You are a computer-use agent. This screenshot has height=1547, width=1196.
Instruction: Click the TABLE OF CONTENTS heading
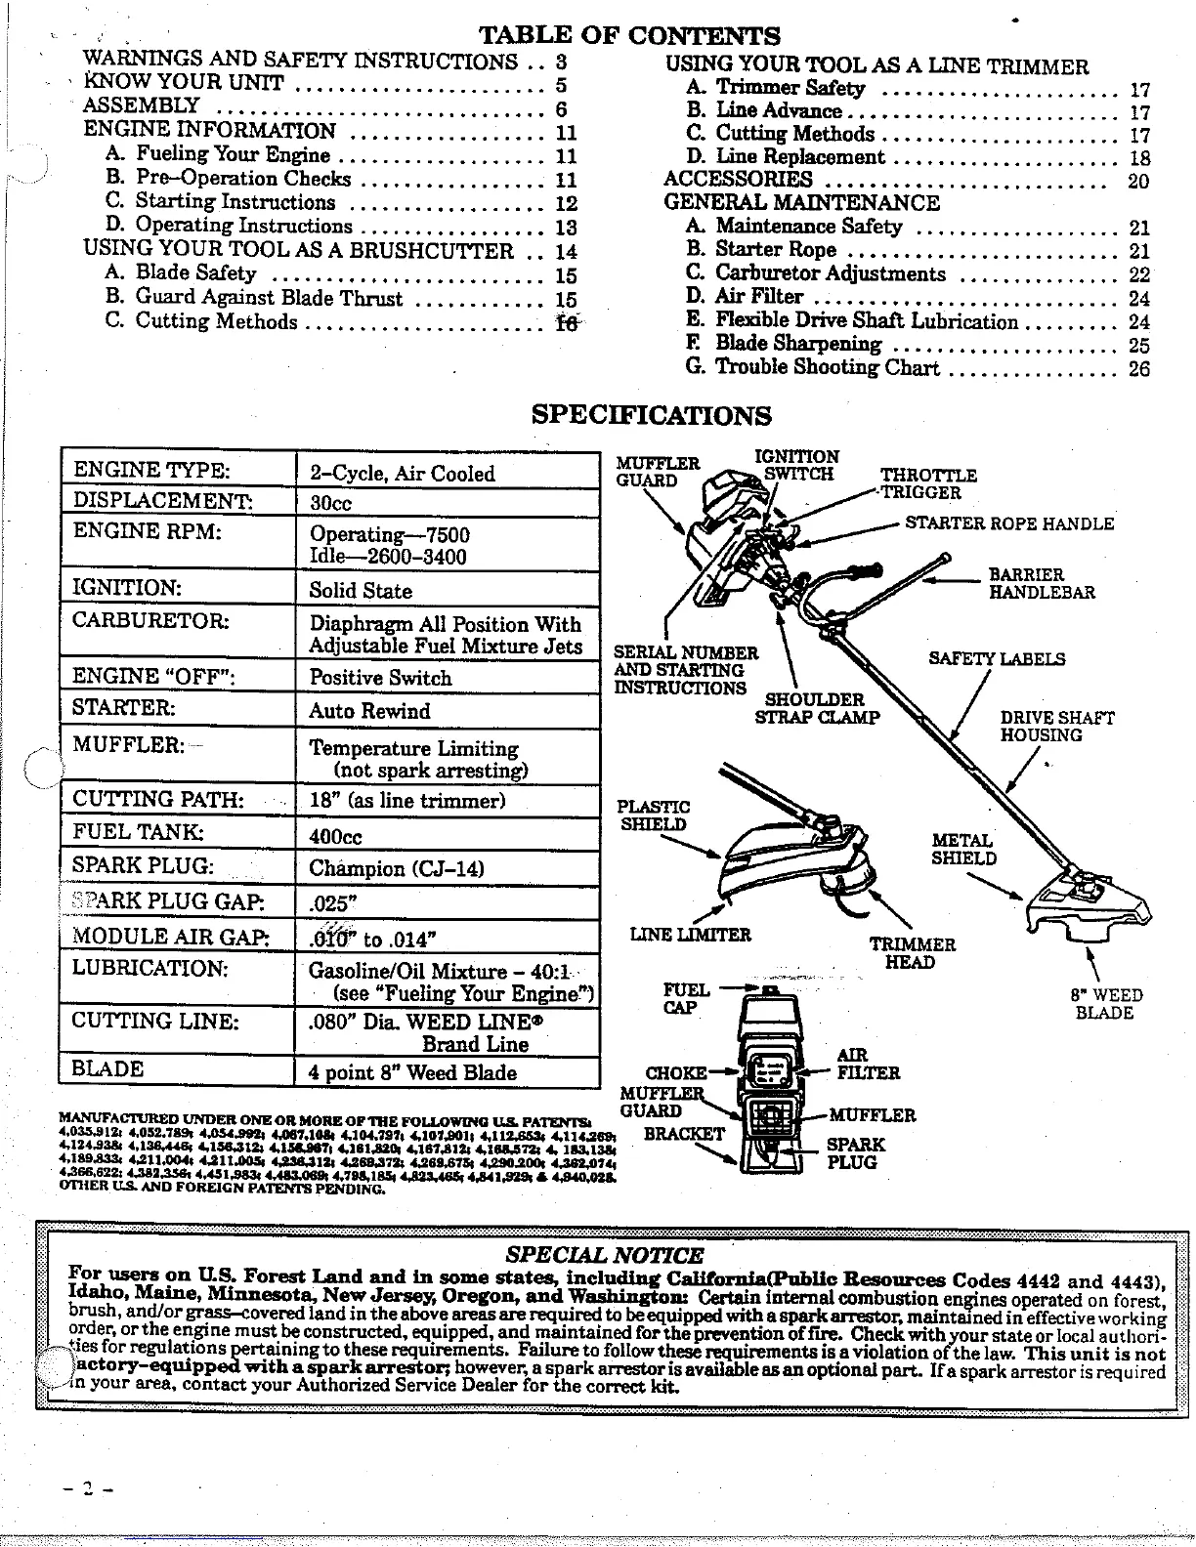pos(630,36)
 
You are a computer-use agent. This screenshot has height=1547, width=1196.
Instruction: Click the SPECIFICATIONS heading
pos(651,415)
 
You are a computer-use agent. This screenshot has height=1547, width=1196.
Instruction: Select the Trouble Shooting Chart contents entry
pos(827,368)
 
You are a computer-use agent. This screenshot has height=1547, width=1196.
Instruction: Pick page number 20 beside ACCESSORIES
pos(1138,182)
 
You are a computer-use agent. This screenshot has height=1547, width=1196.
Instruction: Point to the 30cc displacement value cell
pos(330,504)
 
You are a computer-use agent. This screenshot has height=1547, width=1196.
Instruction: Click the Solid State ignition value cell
pos(361,591)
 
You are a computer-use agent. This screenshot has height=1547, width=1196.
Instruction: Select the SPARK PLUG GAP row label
pos(168,901)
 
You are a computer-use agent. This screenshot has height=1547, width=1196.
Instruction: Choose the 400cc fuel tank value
pos(335,837)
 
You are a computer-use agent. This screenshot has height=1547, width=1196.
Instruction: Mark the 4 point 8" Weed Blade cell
pos(412,1072)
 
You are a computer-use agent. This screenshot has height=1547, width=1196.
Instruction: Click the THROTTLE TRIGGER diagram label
pos(927,483)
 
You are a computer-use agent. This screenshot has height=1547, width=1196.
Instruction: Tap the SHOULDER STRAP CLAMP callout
pos(817,708)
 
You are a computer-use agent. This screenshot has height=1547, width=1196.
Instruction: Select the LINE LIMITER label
pos(691,935)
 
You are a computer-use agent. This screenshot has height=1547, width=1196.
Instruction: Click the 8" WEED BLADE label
pos(1105,1004)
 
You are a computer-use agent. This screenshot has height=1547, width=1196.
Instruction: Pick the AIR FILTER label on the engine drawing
pos(868,1064)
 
